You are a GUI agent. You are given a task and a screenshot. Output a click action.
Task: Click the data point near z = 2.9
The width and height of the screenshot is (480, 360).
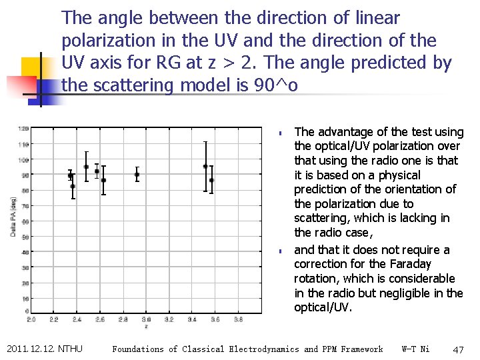click(x=137, y=175)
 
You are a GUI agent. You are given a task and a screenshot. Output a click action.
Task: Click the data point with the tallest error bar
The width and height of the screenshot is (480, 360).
click(x=205, y=166)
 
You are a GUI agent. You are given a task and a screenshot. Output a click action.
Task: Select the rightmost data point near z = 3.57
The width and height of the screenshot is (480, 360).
click(x=211, y=180)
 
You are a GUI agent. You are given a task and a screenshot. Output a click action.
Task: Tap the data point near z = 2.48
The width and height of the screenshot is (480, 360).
click(x=86, y=167)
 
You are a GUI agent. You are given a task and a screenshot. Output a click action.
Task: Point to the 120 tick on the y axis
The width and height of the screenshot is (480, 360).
click(x=23, y=129)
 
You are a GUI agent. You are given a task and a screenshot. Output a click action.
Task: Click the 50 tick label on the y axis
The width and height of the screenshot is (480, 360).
click(x=25, y=237)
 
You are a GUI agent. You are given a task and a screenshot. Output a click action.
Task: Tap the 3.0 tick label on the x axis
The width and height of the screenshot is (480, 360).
click(x=146, y=320)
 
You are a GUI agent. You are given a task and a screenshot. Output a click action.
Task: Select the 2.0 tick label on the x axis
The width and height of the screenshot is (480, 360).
click(x=31, y=320)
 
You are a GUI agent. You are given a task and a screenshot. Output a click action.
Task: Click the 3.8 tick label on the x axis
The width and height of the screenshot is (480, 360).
click(x=238, y=320)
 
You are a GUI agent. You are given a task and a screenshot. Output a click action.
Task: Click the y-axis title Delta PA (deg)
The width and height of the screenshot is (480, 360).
click(x=13, y=217)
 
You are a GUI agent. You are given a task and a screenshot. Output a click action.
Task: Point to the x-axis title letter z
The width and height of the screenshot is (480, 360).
click(x=146, y=327)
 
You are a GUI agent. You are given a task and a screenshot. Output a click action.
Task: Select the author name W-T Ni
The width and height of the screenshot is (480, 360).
click(x=416, y=349)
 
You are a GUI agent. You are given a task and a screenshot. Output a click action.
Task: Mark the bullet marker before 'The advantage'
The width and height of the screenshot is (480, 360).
click(x=282, y=133)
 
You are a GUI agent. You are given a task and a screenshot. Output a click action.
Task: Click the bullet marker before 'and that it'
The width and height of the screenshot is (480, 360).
click(x=282, y=251)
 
